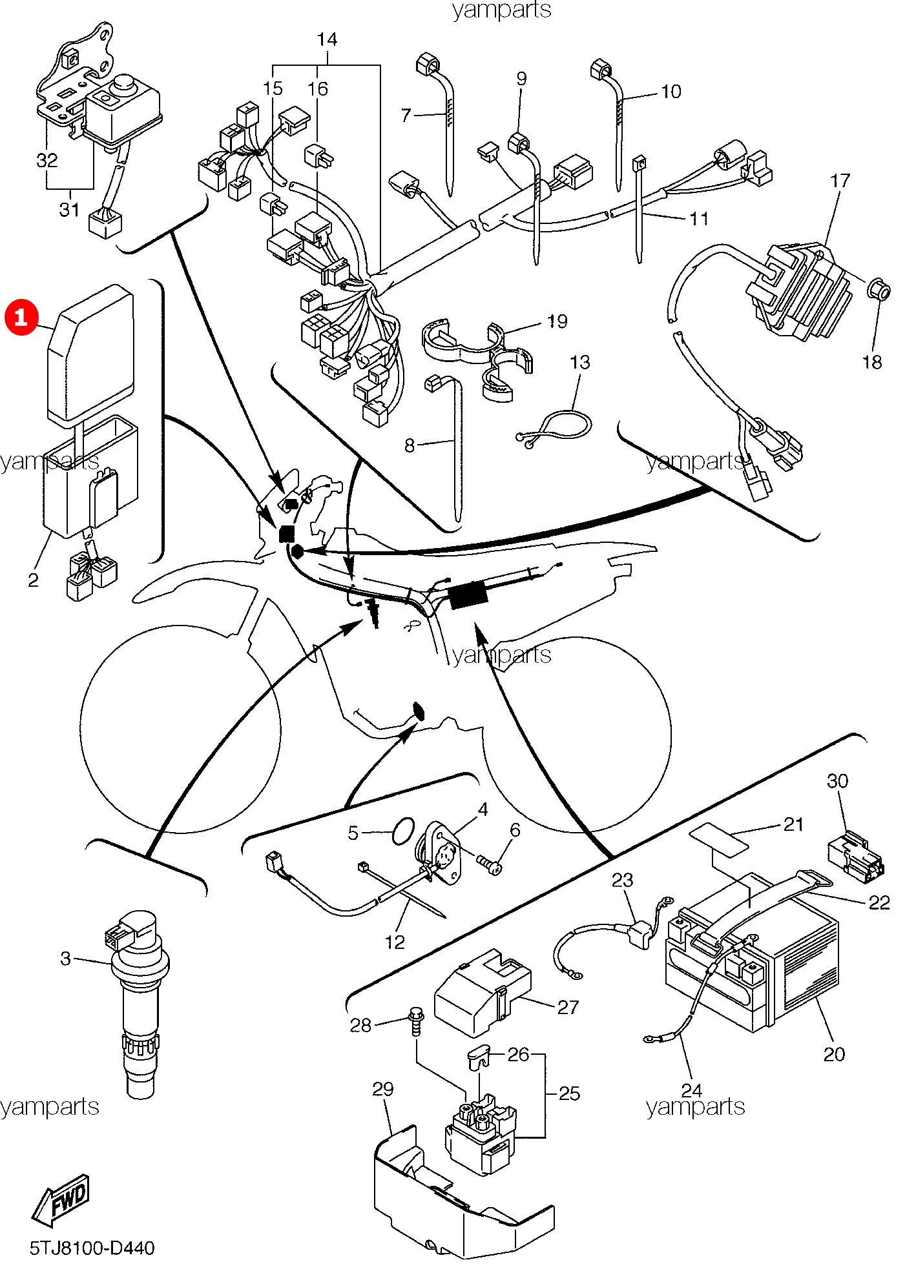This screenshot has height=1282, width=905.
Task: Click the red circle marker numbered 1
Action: (x=21, y=317)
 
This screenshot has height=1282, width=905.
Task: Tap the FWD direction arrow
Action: (x=62, y=1200)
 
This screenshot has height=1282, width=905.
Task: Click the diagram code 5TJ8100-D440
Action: (x=92, y=1248)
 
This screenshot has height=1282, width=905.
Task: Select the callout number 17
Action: (x=840, y=181)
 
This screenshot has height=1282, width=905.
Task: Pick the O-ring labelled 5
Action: (x=403, y=832)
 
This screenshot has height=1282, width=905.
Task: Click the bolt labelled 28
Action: (x=415, y=1020)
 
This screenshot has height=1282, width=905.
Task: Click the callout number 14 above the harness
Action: (x=327, y=39)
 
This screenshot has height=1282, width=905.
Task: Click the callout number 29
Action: (x=382, y=1089)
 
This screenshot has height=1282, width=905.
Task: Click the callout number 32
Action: (x=47, y=159)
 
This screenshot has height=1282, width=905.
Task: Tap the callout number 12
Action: (x=395, y=942)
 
